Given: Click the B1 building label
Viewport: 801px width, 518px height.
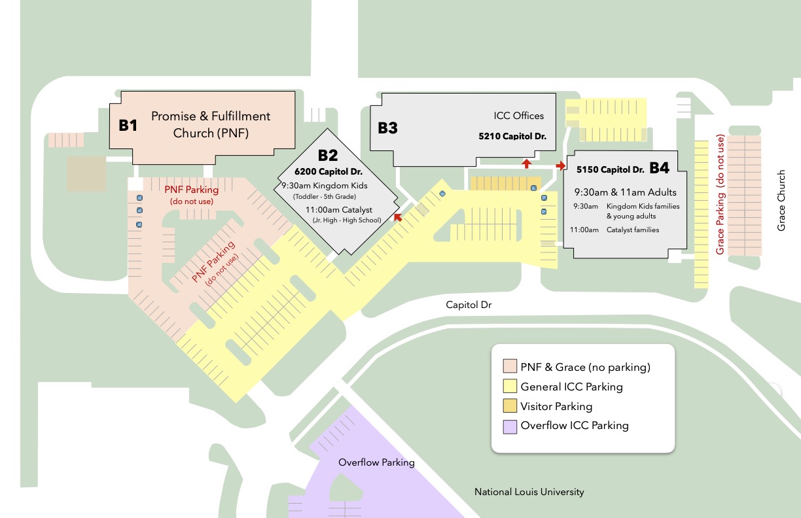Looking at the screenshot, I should [128, 125].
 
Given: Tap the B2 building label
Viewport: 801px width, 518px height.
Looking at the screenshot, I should [328, 156].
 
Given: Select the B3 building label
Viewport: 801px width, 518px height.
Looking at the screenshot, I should [387, 128].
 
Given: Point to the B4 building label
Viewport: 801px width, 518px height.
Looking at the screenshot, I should [659, 168].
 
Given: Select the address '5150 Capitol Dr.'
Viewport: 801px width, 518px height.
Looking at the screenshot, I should [611, 169].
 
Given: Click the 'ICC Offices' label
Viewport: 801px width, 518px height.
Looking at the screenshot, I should [519, 116].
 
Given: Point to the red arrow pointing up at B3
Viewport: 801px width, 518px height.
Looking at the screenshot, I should [526, 163].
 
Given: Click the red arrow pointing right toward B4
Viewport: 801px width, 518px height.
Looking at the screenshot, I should [561, 166].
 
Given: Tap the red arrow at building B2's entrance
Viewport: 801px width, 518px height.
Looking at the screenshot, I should [397, 217].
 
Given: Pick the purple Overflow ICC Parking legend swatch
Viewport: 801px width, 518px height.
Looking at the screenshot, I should [510, 426].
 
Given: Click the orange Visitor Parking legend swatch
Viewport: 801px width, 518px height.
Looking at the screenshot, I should [510, 406].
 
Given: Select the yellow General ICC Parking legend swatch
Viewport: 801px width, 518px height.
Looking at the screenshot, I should [510, 387].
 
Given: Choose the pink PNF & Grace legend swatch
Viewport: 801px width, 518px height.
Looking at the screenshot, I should [510, 367].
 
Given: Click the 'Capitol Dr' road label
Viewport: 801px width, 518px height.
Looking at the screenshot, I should [469, 305].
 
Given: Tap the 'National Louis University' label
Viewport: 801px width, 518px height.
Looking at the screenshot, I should [529, 492].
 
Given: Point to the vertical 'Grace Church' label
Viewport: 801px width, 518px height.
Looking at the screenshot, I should [781, 201].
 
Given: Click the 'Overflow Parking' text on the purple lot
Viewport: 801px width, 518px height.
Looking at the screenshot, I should [376, 462].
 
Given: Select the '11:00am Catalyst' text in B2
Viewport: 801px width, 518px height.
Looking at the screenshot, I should [339, 209].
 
